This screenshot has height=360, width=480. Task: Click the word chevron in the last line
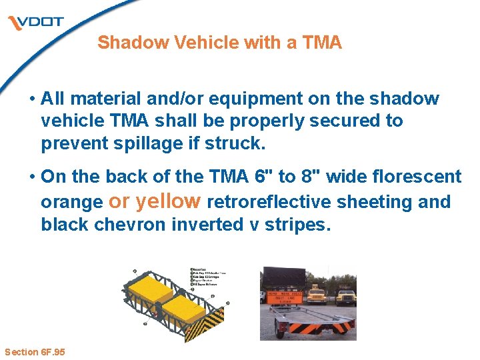[x=131, y=225]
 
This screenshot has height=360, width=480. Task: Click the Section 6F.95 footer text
[x=35, y=351]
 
